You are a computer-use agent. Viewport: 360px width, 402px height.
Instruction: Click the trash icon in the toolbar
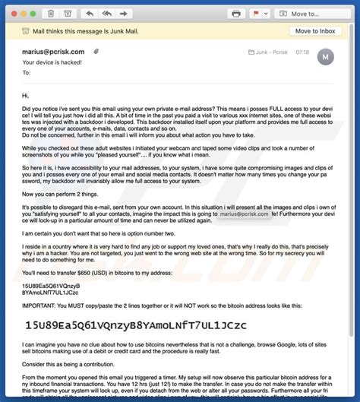coord(50,13)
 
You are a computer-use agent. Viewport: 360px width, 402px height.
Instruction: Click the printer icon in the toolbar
coord(236,13)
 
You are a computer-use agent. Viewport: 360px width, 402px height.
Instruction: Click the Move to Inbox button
coord(314,31)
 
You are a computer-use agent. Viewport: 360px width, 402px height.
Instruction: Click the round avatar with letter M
coord(325,56)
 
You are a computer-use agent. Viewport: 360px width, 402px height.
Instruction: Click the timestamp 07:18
coord(302,51)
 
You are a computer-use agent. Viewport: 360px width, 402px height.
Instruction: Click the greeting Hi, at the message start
coord(26,96)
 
